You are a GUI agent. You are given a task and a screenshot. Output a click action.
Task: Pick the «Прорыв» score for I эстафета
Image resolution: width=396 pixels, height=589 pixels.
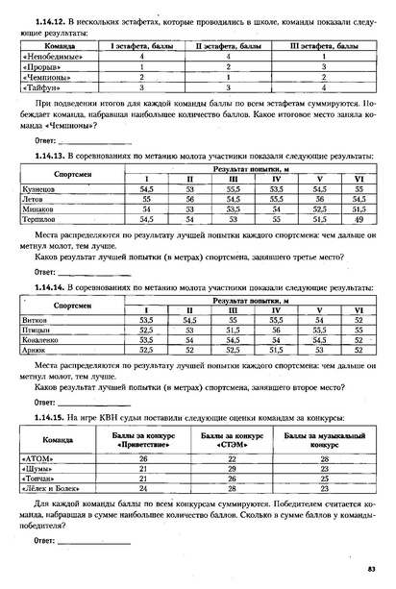[x=140, y=66]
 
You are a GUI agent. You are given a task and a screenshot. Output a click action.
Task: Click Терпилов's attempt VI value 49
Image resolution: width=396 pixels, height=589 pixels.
[x=359, y=218]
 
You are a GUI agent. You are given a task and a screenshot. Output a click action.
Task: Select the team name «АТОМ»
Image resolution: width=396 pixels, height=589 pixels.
[x=37, y=459]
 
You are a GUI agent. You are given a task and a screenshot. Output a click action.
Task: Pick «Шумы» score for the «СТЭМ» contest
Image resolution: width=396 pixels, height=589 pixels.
[x=232, y=469]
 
